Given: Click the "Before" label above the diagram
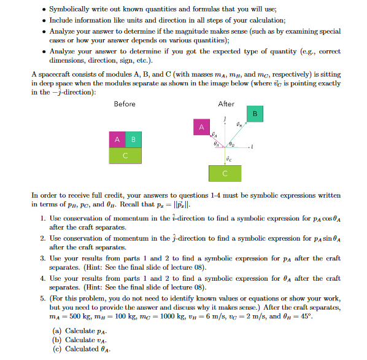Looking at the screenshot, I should click(125, 104).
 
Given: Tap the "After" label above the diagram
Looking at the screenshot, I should click(226, 104).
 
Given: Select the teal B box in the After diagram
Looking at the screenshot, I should click(255, 115).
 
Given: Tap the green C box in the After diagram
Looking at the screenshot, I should click(225, 173).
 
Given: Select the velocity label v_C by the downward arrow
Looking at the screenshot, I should click(228, 158).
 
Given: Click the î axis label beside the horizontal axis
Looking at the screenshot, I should click(253, 148).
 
